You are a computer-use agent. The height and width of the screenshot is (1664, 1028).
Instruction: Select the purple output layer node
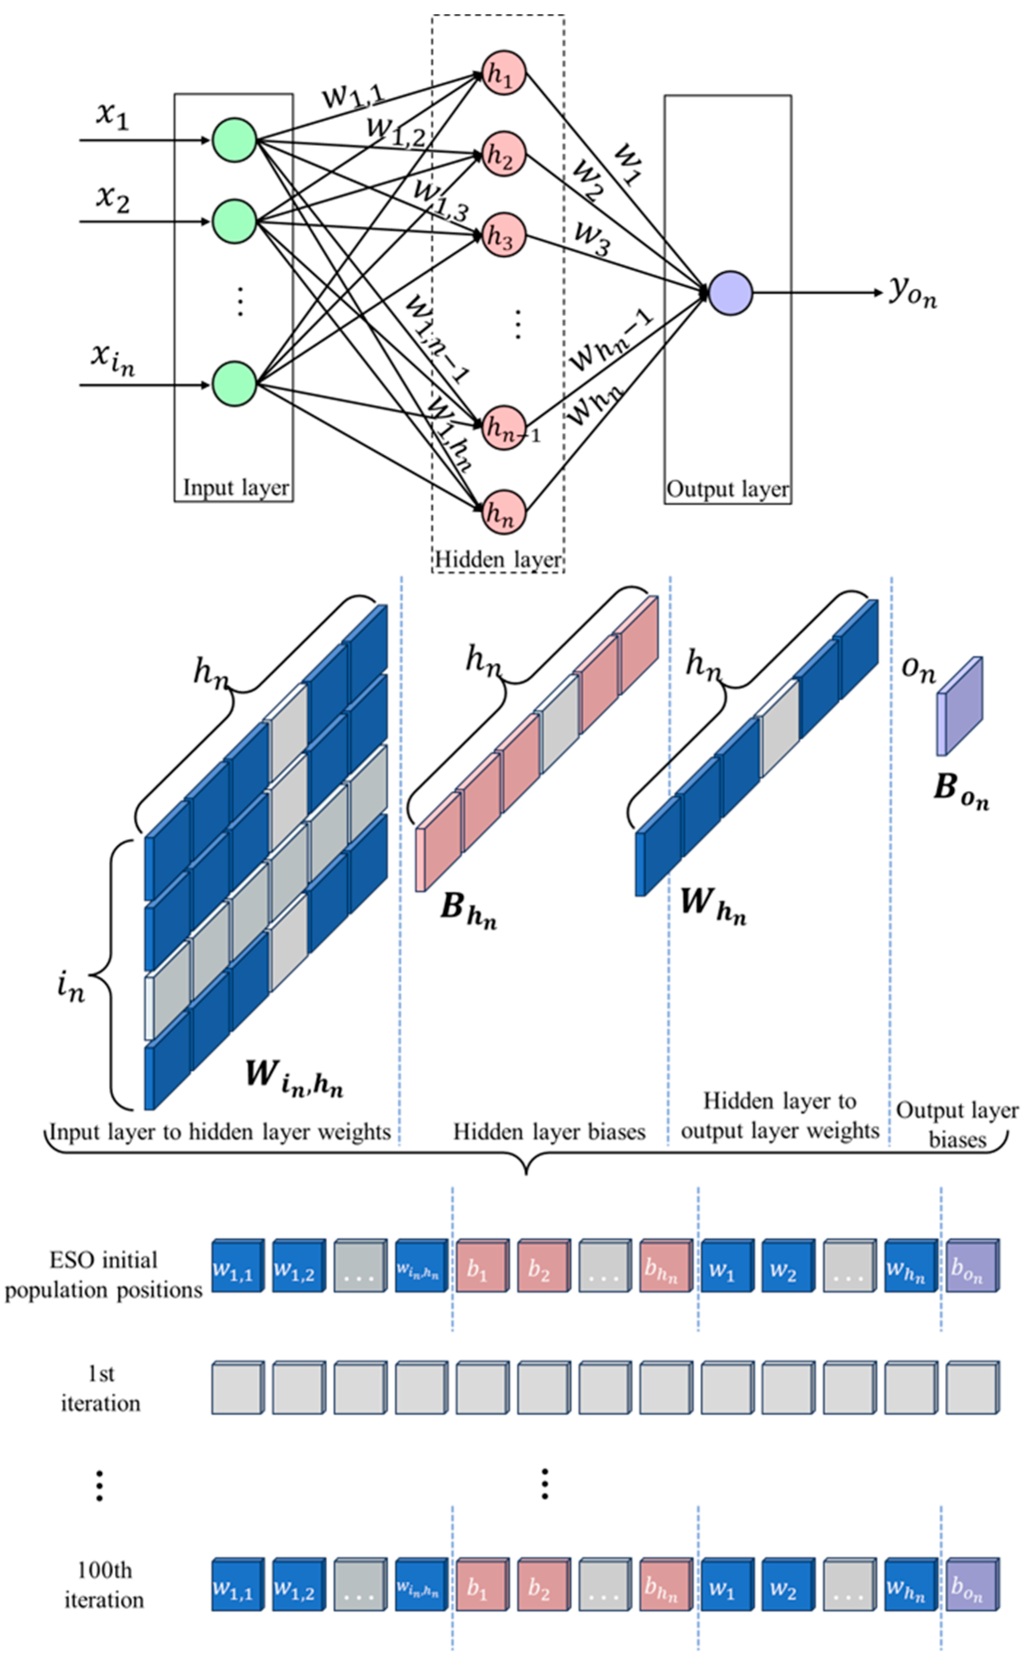tap(730, 293)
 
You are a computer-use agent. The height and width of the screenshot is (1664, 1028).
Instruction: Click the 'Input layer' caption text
tap(235, 488)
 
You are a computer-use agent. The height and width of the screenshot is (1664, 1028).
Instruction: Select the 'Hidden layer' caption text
tap(498, 559)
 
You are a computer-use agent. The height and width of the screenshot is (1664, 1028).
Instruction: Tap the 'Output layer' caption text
tap(727, 489)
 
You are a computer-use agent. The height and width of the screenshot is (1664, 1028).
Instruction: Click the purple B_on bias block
tap(960, 707)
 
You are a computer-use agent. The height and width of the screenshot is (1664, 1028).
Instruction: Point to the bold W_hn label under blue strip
tap(713, 906)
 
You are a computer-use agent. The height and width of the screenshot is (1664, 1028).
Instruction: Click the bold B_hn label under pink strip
tap(468, 909)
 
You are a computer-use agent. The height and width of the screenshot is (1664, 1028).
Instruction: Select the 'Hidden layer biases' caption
tap(549, 1132)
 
